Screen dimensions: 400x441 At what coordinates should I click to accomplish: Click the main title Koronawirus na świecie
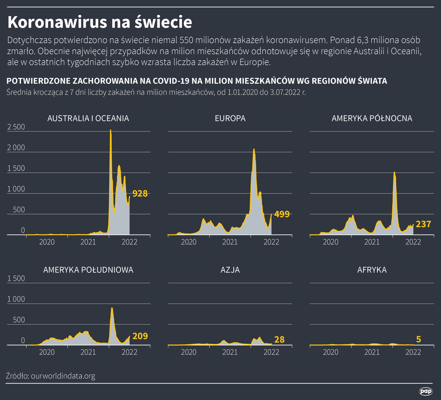point(100,22)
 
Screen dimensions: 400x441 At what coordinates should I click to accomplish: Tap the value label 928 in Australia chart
point(140,194)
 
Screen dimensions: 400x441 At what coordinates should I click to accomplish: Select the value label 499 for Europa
point(282,214)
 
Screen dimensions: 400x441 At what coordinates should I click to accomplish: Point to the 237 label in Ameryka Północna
point(423,224)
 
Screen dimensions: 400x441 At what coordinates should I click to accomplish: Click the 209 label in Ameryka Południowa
point(140,336)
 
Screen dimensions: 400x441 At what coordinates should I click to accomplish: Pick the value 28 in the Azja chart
point(279,339)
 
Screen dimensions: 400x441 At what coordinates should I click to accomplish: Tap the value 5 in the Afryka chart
point(419,339)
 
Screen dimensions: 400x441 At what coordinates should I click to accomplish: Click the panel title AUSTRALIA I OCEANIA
point(88,118)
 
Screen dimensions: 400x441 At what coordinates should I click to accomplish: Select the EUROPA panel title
point(230,118)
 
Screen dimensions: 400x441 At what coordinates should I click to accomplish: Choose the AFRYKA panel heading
point(372,270)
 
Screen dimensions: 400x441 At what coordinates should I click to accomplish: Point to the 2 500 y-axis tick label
point(16,127)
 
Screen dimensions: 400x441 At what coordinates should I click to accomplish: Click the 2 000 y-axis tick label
point(16,147)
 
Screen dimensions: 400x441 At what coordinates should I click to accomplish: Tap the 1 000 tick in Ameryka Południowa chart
point(16,299)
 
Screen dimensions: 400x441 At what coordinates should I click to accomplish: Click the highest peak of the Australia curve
point(110,130)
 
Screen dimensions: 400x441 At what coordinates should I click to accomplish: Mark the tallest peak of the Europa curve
point(254,149)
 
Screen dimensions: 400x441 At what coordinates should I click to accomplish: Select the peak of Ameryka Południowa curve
point(112,308)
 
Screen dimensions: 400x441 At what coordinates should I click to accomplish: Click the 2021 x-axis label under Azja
point(230,352)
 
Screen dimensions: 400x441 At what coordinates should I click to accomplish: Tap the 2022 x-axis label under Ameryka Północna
point(413,242)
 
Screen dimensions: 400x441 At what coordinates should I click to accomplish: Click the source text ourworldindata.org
point(63,376)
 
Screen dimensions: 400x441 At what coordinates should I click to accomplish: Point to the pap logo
point(425,391)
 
